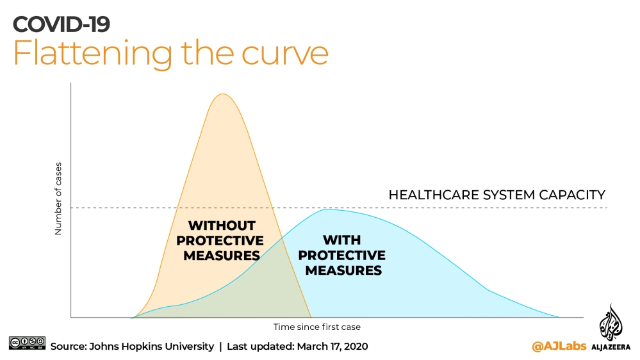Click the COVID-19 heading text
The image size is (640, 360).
pyautogui.click(x=62, y=24)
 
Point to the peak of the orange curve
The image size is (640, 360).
pyautogui.click(x=222, y=94)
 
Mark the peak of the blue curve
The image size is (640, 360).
pyautogui.click(x=327, y=209)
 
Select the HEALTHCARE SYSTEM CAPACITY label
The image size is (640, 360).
pyautogui.click(x=496, y=195)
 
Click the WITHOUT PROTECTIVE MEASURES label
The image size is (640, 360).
pyautogui.click(x=221, y=240)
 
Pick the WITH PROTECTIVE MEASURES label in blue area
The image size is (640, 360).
pyautogui.click(x=342, y=255)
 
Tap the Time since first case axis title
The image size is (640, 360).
pyautogui.click(x=316, y=327)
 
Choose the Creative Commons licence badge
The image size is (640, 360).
pyautogui.click(x=27, y=343)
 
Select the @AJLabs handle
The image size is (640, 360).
pyautogui.click(x=554, y=347)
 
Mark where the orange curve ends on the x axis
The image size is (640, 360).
pyautogui.click(x=311, y=317)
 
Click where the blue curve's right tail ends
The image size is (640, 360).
pyautogui.click(x=559, y=316)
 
